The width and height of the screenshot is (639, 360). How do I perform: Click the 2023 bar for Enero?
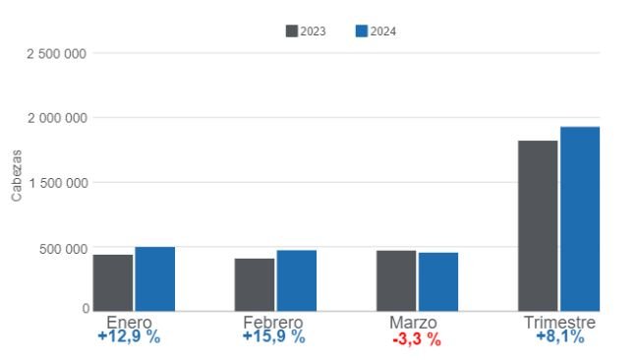(x=113, y=283)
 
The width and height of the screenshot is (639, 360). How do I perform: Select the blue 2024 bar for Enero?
(x=155, y=279)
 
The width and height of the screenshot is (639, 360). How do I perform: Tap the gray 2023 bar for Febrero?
(x=255, y=285)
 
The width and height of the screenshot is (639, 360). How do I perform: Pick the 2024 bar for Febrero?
(x=297, y=281)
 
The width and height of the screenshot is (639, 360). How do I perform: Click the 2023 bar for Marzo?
(x=396, y=281)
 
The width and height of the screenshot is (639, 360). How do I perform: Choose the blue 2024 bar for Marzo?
(x=438, y=282)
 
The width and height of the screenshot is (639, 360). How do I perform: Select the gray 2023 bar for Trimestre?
(x=538, y=226)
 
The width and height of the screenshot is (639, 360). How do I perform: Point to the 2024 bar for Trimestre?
(x=580, y=219)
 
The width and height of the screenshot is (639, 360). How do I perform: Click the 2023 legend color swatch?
(x=292, y=31)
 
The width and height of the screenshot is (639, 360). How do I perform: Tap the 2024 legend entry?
(x=376, y=31)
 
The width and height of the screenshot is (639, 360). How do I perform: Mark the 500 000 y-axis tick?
(x=61, y=248)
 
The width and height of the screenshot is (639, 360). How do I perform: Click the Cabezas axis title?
(x=16, y=176)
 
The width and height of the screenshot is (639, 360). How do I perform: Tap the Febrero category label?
(x=273, y=323)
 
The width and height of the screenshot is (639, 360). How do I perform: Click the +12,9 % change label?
(x=129, y=337)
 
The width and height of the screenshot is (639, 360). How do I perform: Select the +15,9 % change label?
(x=273, y=337)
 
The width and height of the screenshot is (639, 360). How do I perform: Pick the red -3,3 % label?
(x=416, y=340)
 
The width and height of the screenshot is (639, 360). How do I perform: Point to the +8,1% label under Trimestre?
(x=559, y=337)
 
